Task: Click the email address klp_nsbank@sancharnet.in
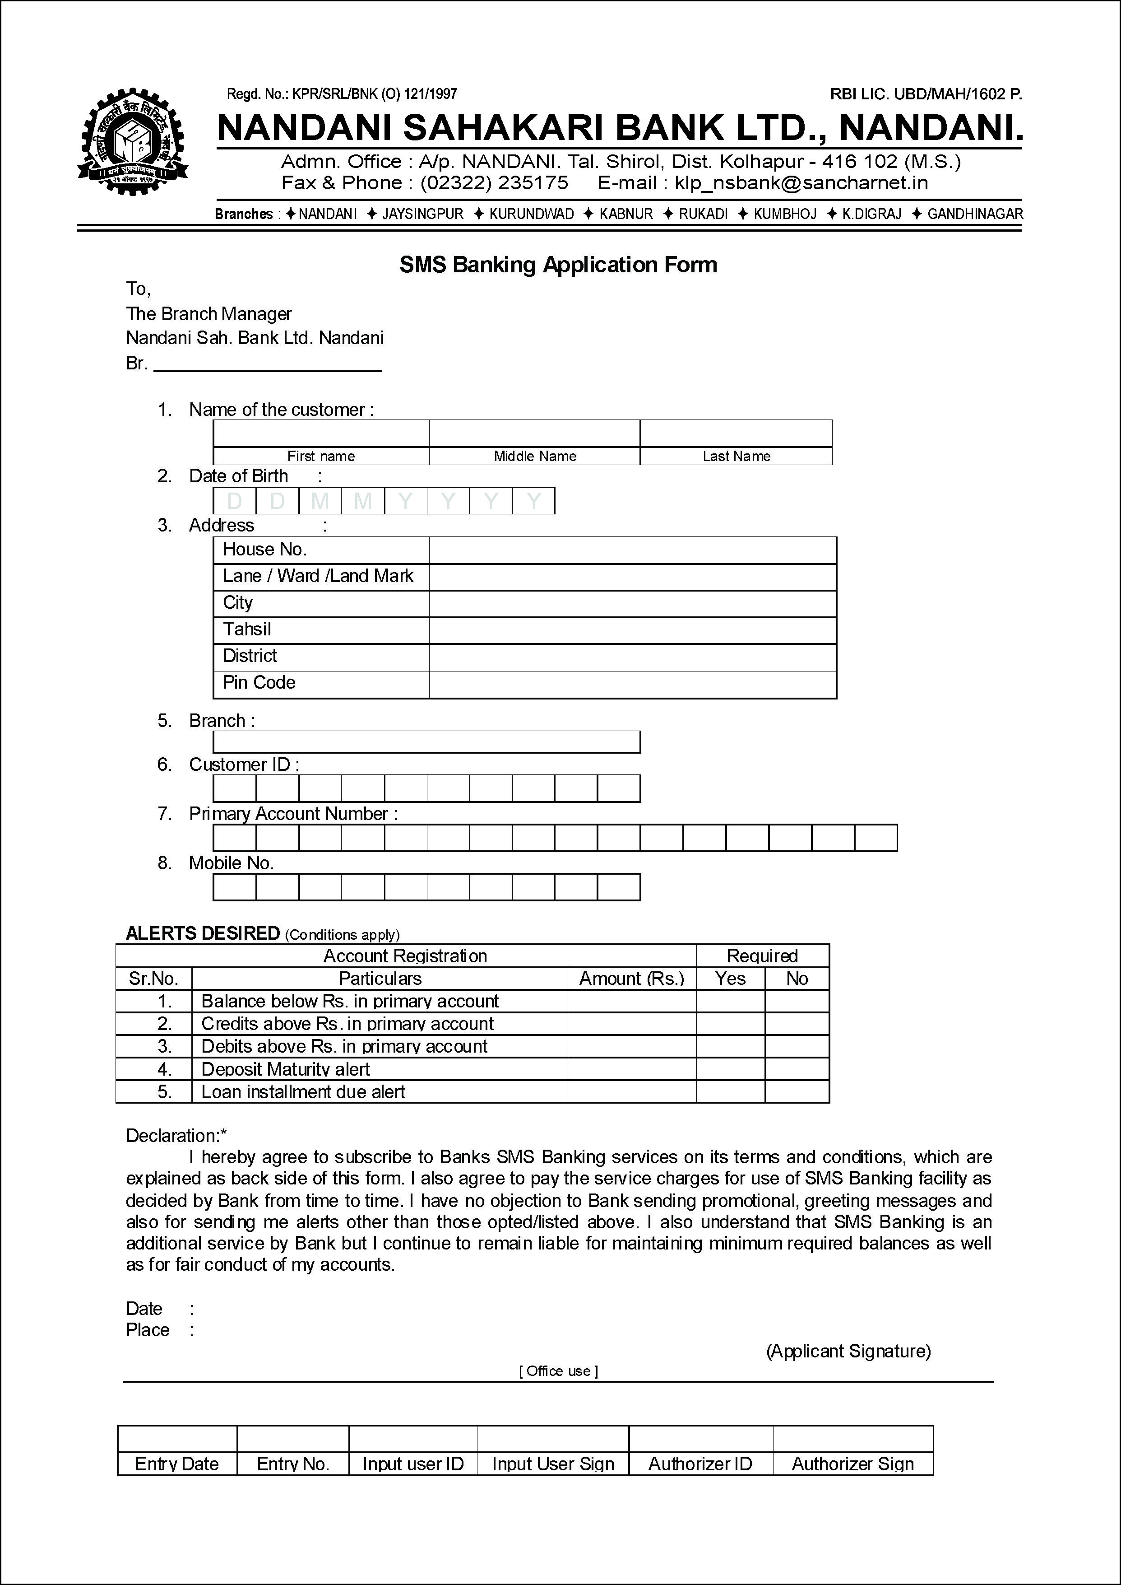click(801, 183)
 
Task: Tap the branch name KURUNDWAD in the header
click(531, 214)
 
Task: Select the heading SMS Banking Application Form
click(558, 265)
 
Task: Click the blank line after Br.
click(267, 364)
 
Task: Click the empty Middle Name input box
click(534, 433)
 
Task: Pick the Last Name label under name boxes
click(736, 456)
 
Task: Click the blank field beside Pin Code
click(632, 684)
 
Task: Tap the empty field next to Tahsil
click(632, 630)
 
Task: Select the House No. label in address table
click(264, 550)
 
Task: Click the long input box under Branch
click(426, 742)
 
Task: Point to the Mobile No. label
click(231, 863)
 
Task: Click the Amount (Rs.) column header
click(632, 979)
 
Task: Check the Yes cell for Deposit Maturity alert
click(730, 1069)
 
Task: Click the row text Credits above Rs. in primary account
click(347, 1024)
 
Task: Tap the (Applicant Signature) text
click(848, 1351)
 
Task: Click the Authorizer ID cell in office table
click(700, 1464)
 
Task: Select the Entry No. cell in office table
click(293, 1464)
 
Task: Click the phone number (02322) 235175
click(494, 183)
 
